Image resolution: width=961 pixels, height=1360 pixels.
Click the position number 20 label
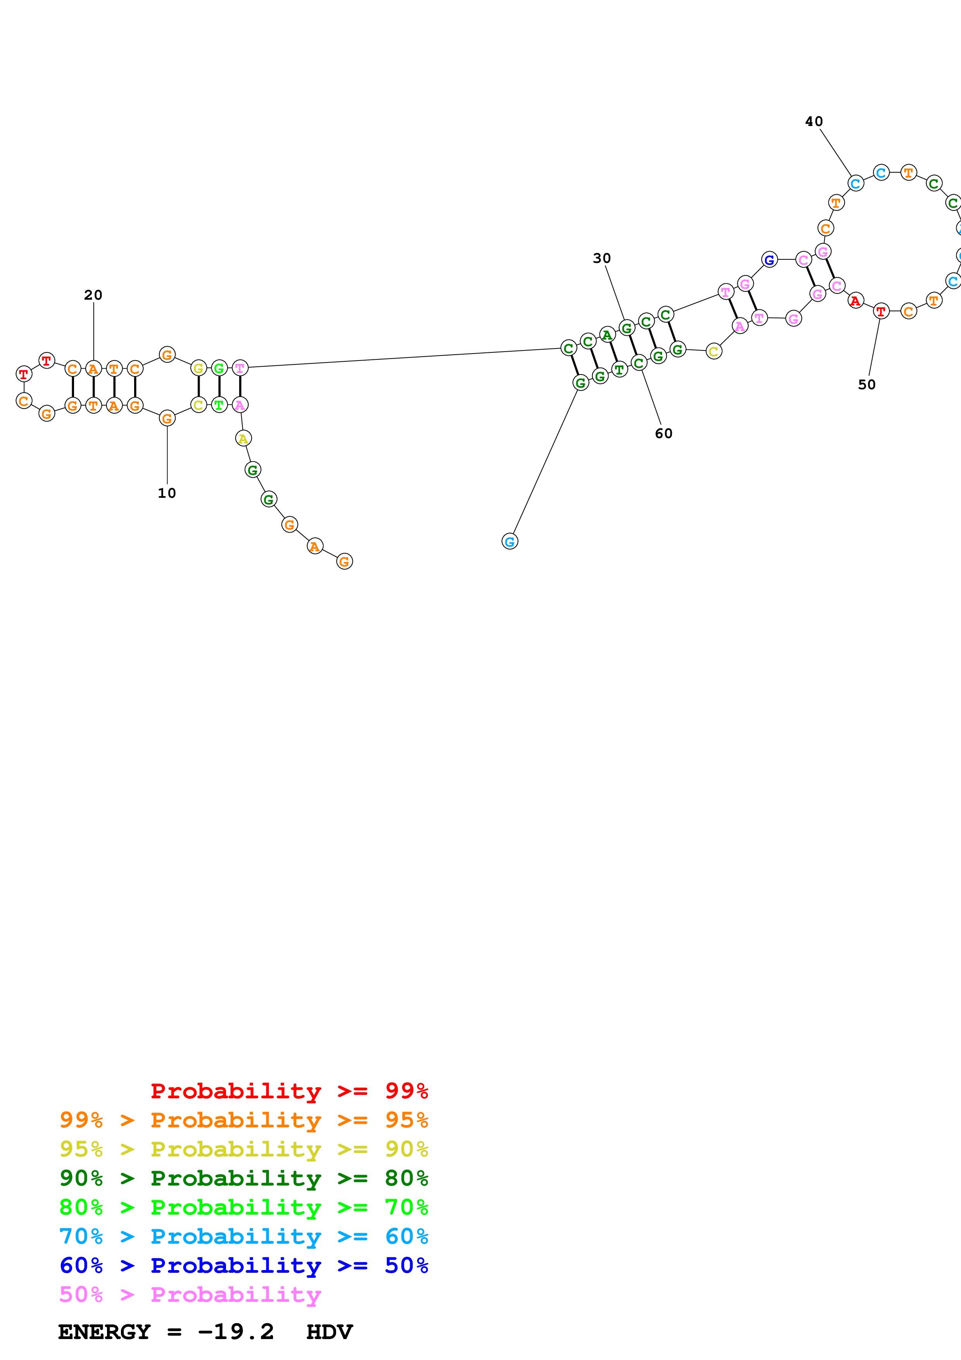[93, 295]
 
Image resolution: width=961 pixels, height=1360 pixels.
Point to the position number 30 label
[602, 258]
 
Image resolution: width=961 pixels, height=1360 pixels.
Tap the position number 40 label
[814, 121]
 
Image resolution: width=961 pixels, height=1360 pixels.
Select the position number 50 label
[866, 385]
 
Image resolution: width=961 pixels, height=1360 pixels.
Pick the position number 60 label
[663, 433]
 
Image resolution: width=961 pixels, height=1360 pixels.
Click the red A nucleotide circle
[855, 301]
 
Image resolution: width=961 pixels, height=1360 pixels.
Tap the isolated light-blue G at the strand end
[509, 541]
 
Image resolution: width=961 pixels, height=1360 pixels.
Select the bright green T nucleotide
[219, 405]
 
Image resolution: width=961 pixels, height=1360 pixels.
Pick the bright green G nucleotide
[219, 368]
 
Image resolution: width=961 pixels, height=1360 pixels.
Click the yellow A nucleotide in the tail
[243, 439]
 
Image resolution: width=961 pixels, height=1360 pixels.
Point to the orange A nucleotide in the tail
[315, 546]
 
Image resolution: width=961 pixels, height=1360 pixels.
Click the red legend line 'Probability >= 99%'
[289, 1091]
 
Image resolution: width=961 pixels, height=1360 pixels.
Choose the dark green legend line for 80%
[243, 1178]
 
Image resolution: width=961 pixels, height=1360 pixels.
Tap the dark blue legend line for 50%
[243, 1265]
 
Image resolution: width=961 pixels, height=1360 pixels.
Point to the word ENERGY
[104, 1332]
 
